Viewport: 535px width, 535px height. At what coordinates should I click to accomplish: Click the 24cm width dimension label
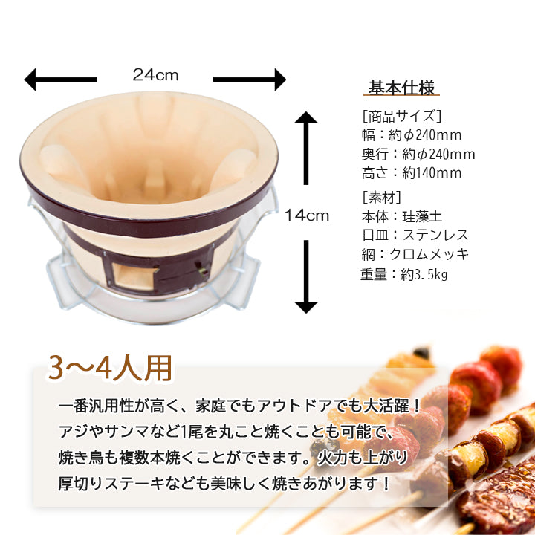(x=155, y=75)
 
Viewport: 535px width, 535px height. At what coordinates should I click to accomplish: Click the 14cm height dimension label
(x=306, y=215)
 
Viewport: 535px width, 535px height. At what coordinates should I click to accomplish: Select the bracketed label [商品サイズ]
(x=401, y=116)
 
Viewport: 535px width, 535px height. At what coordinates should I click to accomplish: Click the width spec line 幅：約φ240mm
(x=409, y=135)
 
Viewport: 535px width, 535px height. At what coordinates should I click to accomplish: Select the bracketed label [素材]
(x=381, y=197)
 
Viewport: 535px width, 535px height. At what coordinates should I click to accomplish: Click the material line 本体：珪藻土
(x=401, y=216)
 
